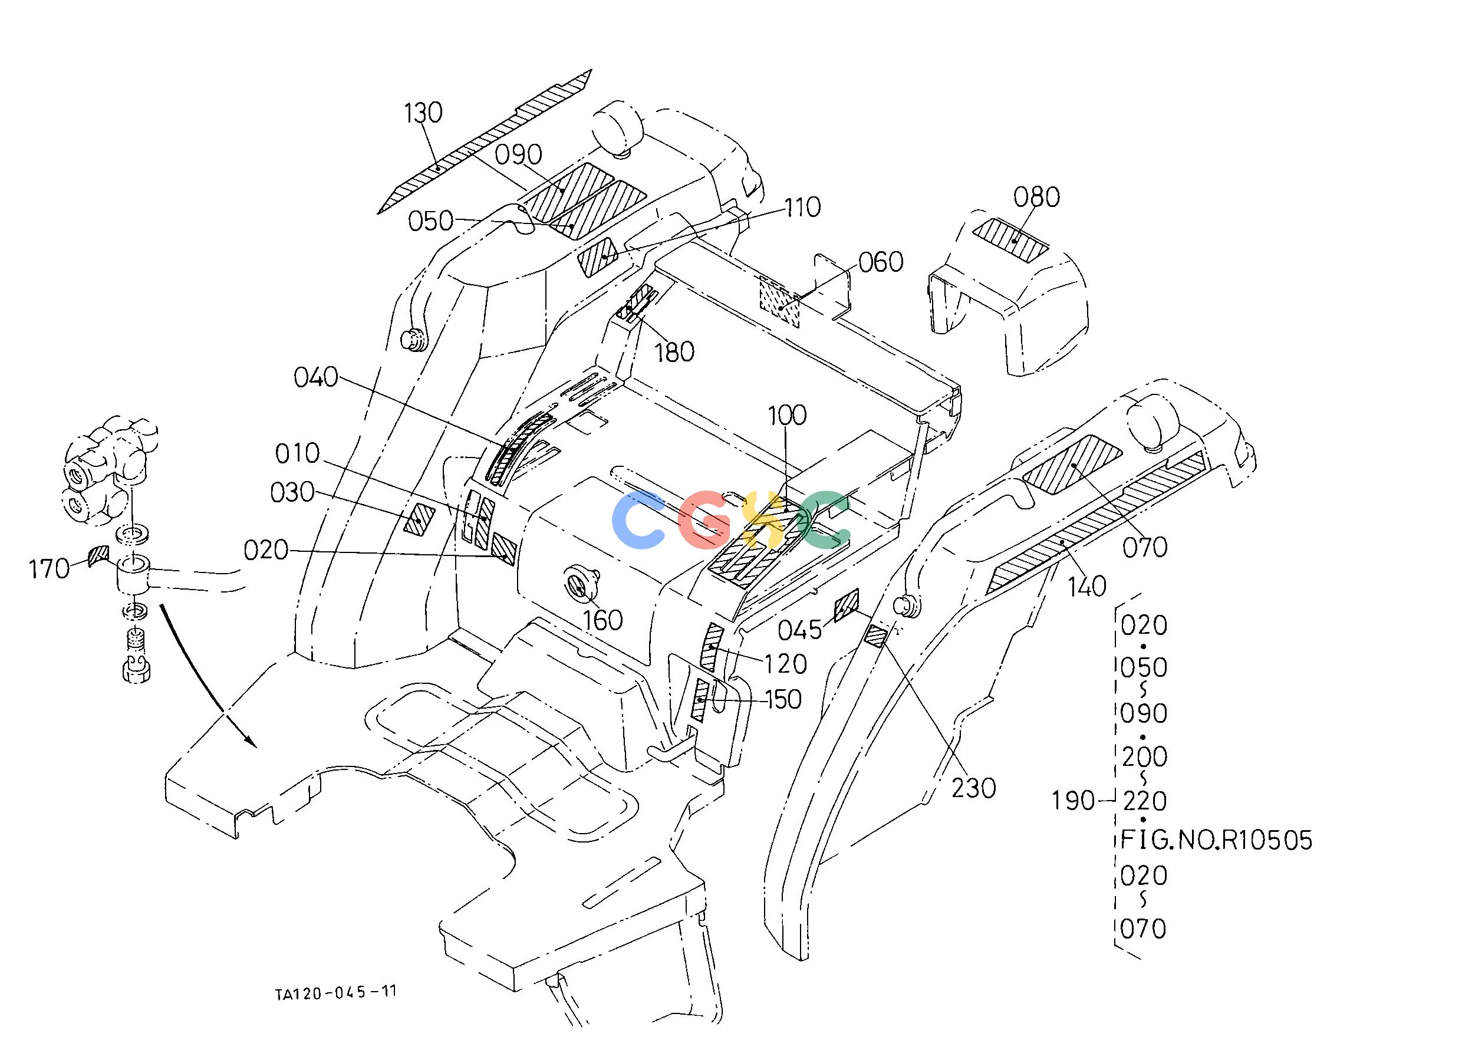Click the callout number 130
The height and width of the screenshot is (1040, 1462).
click(x=423, y=113)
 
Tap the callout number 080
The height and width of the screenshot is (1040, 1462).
click(x=1036, y=198)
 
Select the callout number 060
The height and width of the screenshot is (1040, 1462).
click(x=881, y=262)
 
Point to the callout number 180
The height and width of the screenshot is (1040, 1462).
click(x=674, y=352)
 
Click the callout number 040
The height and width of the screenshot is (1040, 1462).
click(x=316, y=377)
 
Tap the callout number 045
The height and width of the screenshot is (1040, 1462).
click(x=800, y=631)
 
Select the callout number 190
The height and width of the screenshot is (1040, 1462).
click(x=1074, y=801)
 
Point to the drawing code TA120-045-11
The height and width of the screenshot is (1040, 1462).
click(x=336, y=992)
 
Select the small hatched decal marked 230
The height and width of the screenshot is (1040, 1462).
click(x=875, y=637)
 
